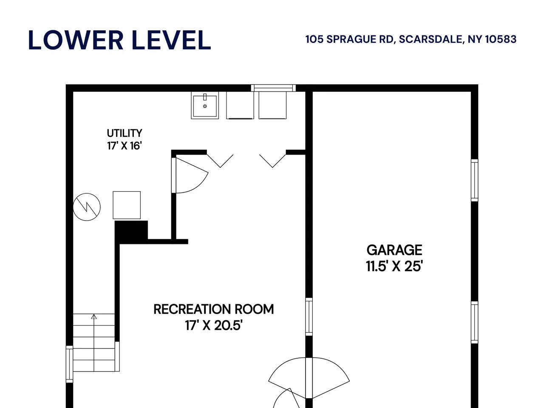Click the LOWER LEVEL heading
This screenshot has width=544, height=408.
click(x=119, y=40)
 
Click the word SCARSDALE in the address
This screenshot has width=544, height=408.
click(x=431, y=40)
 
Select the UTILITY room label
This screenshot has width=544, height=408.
click(x=125, y=133)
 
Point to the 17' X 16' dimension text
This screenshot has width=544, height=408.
click(x=125, y=146)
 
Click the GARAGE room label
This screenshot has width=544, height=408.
click(x=394, y=250)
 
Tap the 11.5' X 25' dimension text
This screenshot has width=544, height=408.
click(x=394, y=266)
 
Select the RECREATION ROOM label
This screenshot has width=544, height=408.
click(x=214, y=309)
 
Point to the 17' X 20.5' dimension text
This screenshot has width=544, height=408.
click(x=214, y=325)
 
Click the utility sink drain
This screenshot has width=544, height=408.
click(x=205, y=106)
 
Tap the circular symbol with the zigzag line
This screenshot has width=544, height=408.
click(x=87, y=207)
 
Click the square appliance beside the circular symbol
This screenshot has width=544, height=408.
click(x=127, y=205)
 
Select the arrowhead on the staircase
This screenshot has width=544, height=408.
click(x=93, y=317)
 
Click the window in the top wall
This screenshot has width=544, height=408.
click(x=273, y=88)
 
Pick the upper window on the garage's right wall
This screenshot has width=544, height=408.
click(x=474, y=180)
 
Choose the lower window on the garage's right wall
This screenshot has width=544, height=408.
click(x=474, y=322)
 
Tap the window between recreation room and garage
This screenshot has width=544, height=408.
click(x=309, y=317)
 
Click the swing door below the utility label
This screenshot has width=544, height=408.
click(x=190, y=176)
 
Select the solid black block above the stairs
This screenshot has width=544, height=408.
click(x=131, y=230)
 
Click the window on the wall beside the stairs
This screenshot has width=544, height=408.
click(x=69, y=364)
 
